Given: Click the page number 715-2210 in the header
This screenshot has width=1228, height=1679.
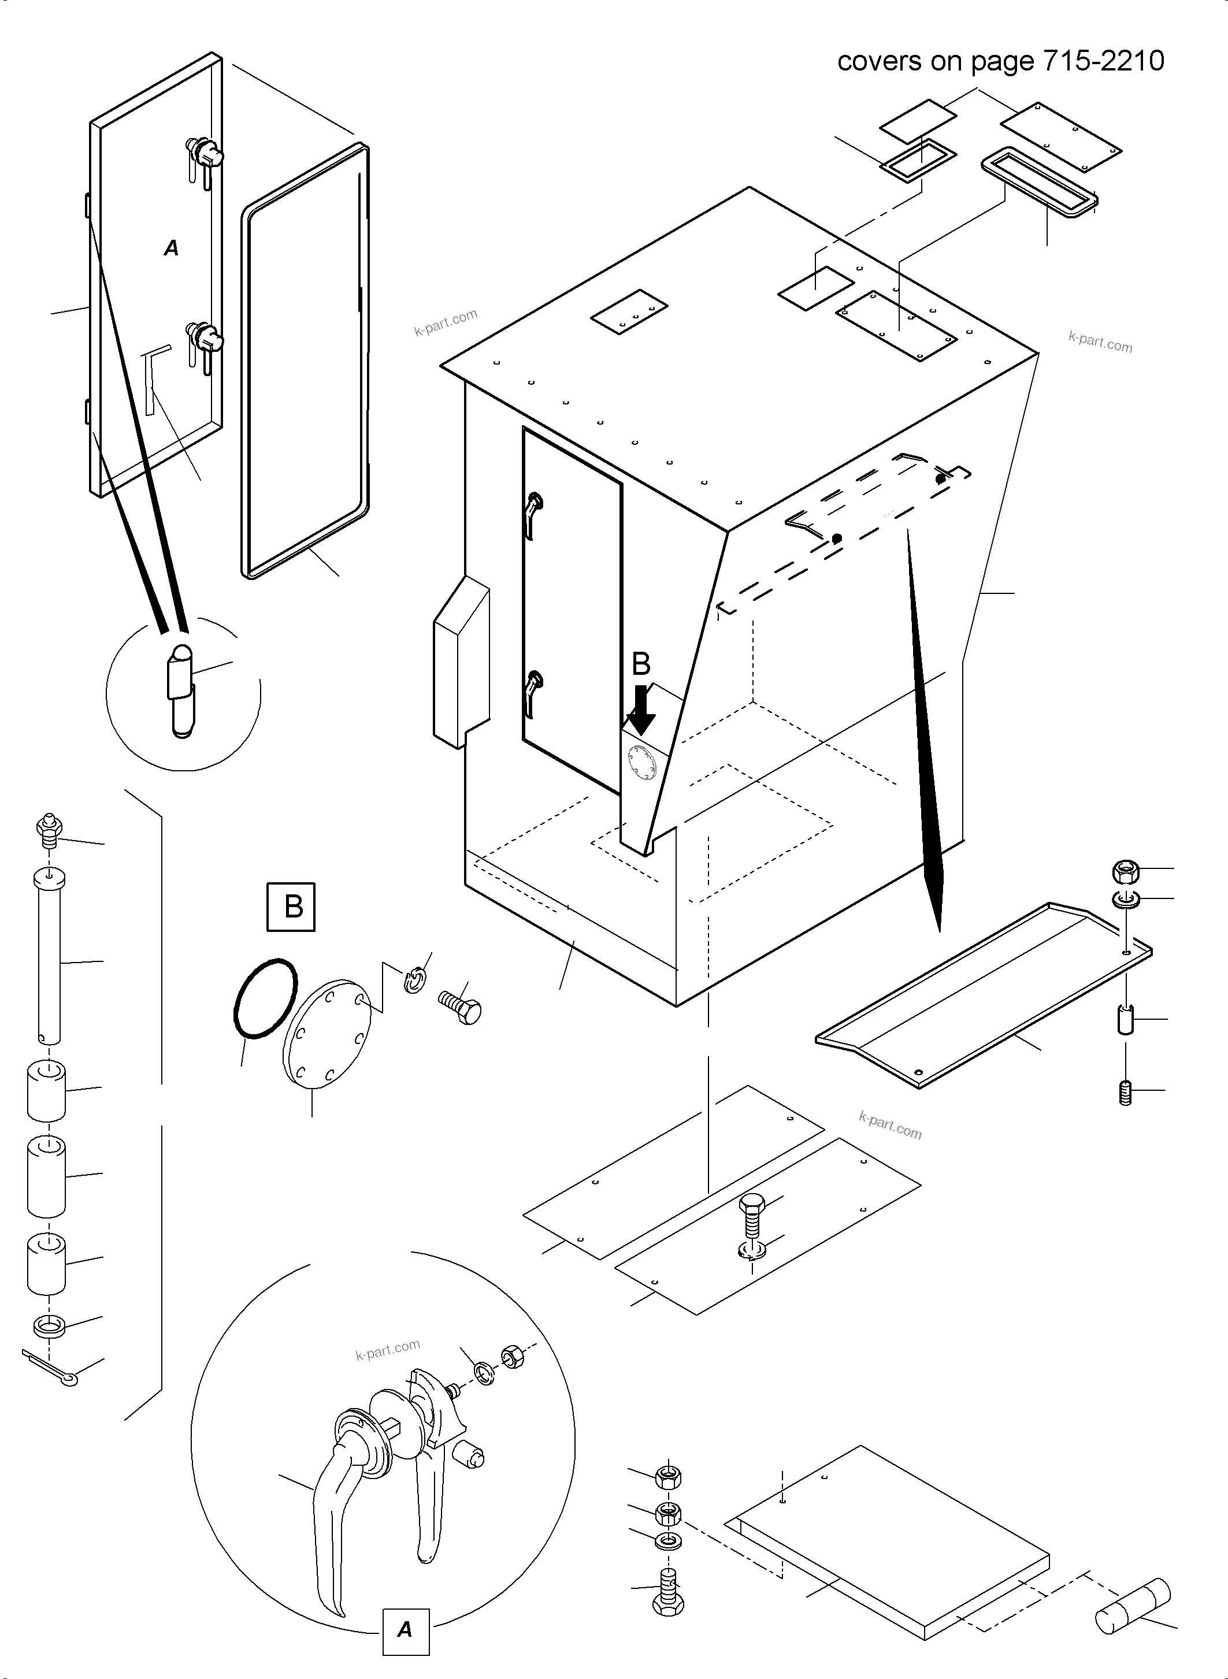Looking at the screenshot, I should pos(1104,61).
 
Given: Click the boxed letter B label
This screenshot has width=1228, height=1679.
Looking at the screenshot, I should pos(291,907).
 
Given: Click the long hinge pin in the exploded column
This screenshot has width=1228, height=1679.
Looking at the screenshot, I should pos(49,959).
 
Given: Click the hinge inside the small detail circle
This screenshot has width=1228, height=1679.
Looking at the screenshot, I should pos(181,690).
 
